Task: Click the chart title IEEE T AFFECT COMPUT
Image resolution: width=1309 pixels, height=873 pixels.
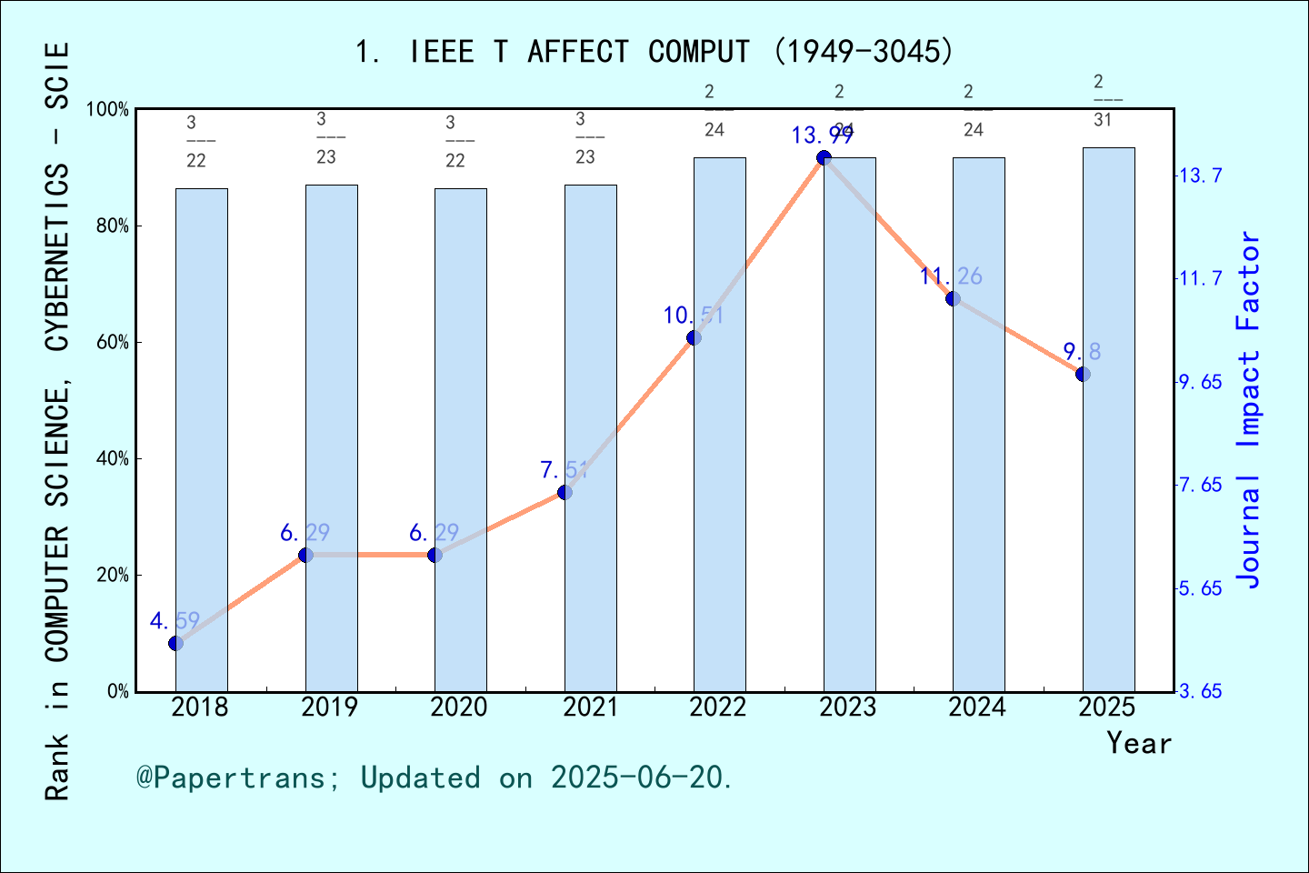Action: pos(654,52)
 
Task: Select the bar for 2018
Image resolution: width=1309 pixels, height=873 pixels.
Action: pos(202,440)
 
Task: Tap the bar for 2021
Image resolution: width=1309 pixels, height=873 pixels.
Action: pos(590,438)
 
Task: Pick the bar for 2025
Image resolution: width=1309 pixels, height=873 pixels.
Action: pos(1108,419)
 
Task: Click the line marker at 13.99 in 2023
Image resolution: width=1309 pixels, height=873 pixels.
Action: pos(824,158)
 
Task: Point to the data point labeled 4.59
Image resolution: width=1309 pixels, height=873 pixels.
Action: pos(176,643)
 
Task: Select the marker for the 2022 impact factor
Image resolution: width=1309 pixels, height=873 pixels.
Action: pos(694,337)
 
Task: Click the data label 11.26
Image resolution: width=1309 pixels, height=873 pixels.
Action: pos(951,276)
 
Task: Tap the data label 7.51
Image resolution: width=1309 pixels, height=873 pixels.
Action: pos(565,470)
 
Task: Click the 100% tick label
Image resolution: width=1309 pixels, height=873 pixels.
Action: pos(108,110)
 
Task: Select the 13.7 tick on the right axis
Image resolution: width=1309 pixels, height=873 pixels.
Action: pos(1200,176)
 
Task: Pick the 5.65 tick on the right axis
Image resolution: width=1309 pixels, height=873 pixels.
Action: pos(1200,588)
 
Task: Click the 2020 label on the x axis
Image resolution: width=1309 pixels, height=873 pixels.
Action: pos(459,707)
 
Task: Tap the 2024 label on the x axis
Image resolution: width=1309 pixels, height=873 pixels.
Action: pos(977,707)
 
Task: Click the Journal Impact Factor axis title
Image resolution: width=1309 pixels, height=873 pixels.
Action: pos(1249,409)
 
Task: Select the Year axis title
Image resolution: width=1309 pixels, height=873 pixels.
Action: pos(1139,743)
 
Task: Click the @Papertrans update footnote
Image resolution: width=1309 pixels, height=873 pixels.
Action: pos(435,778)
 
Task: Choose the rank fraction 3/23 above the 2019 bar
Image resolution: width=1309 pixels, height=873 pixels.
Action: pos(326,137)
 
